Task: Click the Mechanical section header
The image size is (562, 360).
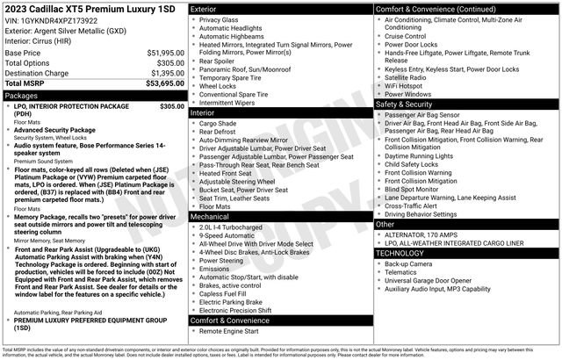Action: pyautogui.click(x=210, y=215)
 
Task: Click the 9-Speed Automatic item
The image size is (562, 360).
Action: pyautogui.click(x=227, y=235)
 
